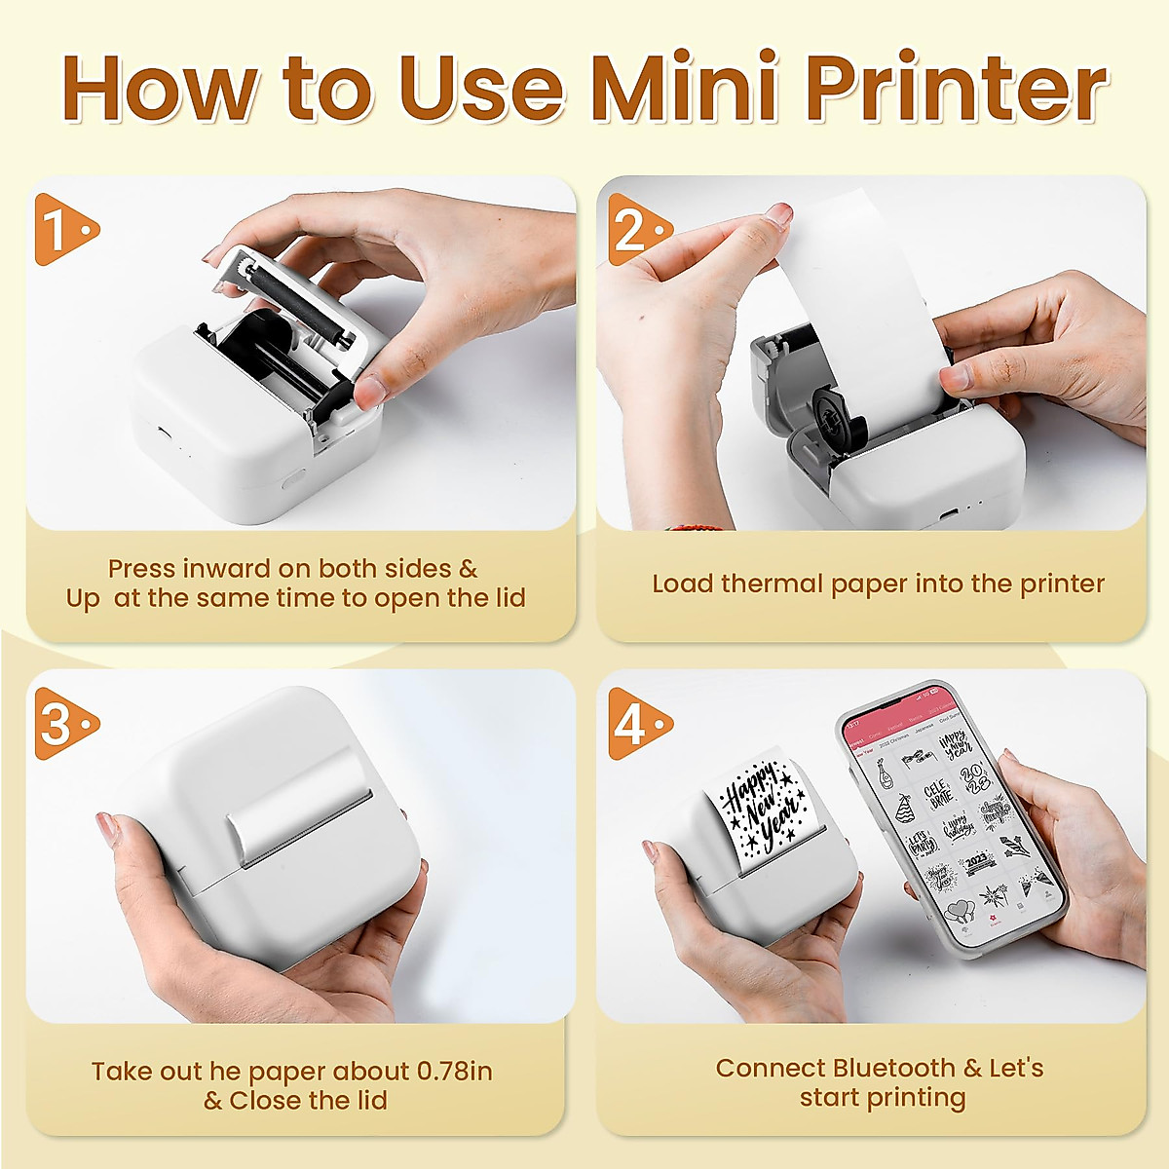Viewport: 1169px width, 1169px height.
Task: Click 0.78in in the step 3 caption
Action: [x=454, y=1072]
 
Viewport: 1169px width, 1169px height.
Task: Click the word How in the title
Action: [x=160, y=90]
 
